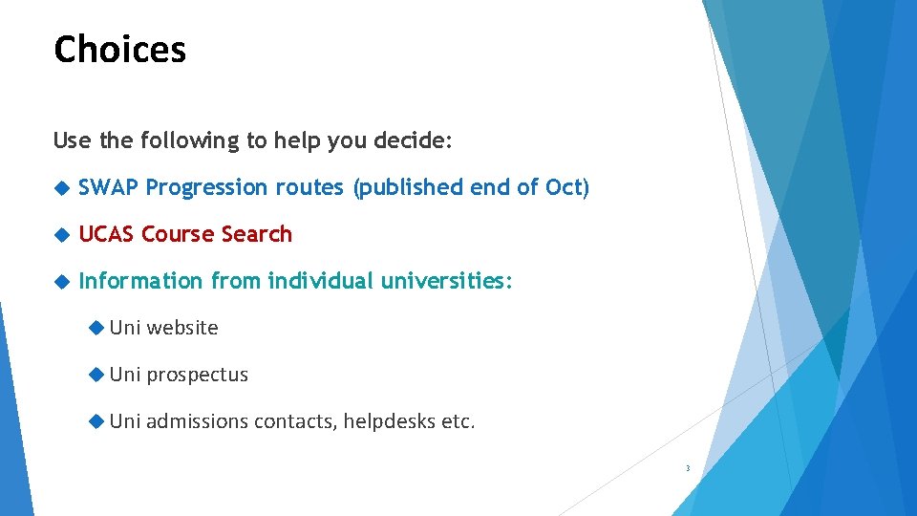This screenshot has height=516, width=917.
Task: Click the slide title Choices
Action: (x=119, y=49)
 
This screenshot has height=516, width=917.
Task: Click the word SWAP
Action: (x=109, y=187)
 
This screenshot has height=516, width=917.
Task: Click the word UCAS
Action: (x=106, y=234)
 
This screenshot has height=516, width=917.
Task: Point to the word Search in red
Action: (x=256, y=234)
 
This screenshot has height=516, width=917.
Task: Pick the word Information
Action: (x=140, y=281)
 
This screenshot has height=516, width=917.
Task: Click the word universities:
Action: (x=447, y=281)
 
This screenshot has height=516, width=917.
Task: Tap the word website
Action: (x=182, y=328)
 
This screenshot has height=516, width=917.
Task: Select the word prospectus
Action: (x=197, y=375)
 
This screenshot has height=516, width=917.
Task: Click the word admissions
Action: (x=197, y=421)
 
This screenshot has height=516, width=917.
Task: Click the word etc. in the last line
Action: (x=458, y=421)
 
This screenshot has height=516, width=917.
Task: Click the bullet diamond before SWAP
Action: (x=63, y=188)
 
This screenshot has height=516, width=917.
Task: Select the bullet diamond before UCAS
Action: (x=63, y=235)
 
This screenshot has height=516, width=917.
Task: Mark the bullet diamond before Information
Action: (x=63, y=282)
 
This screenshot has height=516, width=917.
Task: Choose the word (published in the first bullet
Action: (x=409, y=187)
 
